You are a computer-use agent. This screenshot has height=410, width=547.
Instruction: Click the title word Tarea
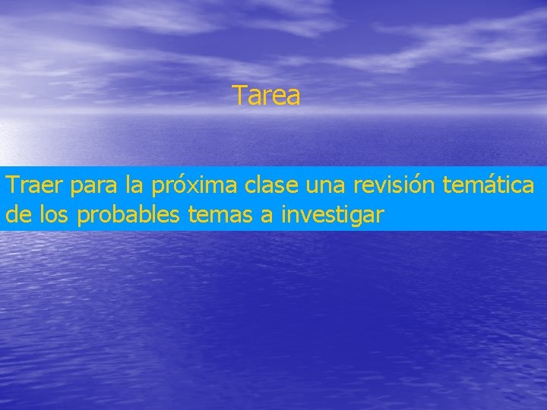coord(266,96)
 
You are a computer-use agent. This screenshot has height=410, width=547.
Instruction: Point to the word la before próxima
coord(134,185)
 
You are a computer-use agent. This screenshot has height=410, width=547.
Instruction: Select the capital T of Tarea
coord(239,96)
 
